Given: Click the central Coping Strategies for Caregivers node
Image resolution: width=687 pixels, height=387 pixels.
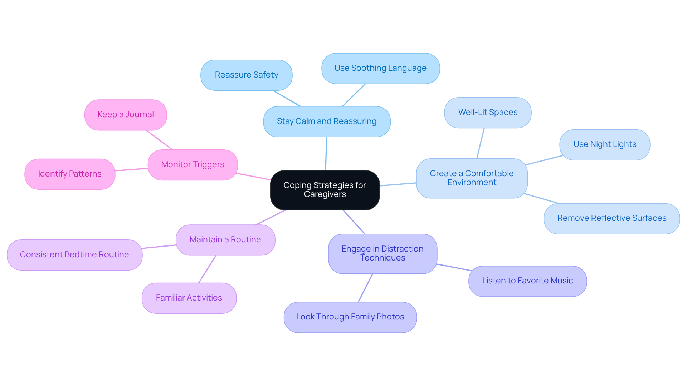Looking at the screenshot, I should [325, 190].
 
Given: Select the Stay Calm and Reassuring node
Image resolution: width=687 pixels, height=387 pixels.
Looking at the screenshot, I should [327, 121].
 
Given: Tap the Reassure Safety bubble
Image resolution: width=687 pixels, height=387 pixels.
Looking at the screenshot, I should [247, 75].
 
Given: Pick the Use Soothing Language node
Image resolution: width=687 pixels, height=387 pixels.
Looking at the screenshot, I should [380, 68].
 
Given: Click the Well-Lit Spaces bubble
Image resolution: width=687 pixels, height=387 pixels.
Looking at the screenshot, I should [488, 113].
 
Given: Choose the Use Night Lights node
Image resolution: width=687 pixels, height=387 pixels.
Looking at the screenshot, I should [605, 144].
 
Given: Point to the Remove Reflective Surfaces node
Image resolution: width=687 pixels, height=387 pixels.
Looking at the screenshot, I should [612, 218].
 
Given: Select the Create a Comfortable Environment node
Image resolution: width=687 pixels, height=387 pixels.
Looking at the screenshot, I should [472, 178].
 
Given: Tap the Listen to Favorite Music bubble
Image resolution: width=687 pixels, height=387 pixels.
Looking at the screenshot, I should [527, 281].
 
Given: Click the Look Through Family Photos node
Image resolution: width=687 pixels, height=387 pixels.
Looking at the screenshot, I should [350, 317].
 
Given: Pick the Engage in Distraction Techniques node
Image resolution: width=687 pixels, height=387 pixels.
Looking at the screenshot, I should [383, 253].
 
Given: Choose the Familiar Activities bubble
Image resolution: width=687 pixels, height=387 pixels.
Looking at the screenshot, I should [189, 298].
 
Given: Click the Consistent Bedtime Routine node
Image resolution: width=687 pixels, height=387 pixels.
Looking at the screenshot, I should [74, 255].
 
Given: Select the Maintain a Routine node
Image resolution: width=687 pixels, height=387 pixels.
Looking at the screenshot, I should [225, 240].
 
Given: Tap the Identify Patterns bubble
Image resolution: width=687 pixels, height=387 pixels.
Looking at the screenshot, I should [70, 174].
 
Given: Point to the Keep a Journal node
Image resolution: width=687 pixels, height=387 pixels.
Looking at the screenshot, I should [126, 115].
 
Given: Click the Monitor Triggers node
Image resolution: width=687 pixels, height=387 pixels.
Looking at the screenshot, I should [193, 165].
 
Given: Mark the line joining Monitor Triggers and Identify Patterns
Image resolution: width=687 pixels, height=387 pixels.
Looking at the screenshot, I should [131, 169].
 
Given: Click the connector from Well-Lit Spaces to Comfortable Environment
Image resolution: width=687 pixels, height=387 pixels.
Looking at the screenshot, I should [480, 143].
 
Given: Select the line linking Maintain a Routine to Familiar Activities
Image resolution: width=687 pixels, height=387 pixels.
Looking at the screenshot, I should [207, 269].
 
